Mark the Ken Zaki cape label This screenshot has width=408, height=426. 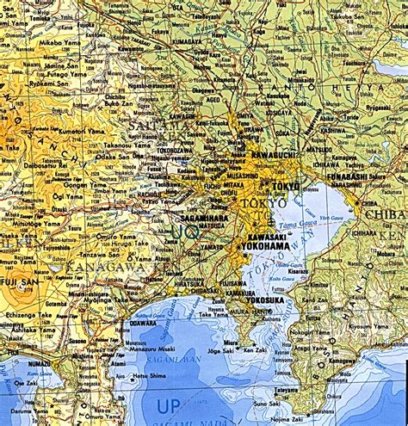point(255,349)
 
